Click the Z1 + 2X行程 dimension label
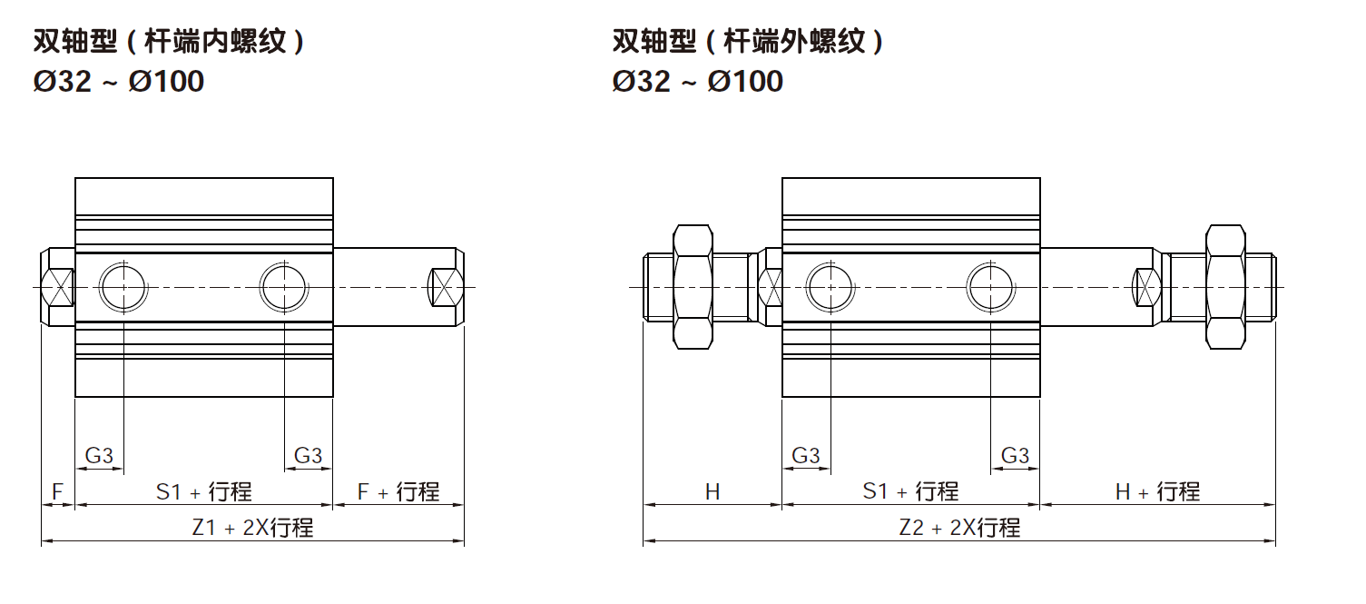click(x=252, y=528)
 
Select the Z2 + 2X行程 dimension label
click(x=959, y=528)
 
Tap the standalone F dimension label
click(x=57, y=492)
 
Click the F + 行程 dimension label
click(x=398, y=492)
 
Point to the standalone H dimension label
click(x=712, y=492)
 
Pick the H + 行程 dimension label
click(x=1157, y=492)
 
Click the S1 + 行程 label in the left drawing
click(x=203, y=492)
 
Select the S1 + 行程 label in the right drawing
click(x=910, y=492)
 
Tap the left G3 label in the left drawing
click(x=99, y=455)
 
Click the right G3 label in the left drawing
click(x=309, y=455)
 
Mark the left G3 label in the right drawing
click(x=806, y=455)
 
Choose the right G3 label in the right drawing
click(x=1015, y=455)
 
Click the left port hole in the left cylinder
click(x=123, y=287)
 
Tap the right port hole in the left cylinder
click(x=284, y=287)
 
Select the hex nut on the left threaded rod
click(x=693, y=287)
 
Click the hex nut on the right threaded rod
click(x=1225, y=287)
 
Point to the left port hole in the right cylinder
click(x=830, y=287)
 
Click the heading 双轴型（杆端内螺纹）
click(x=169, y=42)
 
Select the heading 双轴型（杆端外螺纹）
click(x=748, y=42)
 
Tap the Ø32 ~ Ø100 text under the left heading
click(x=118, y=82)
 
